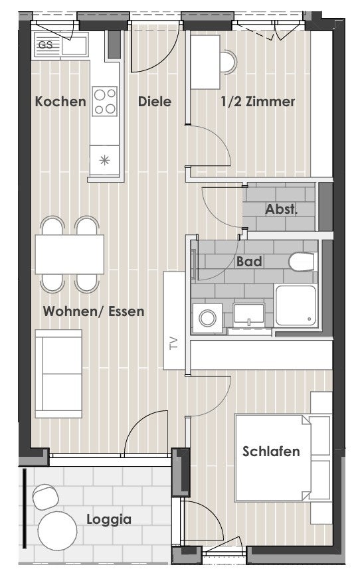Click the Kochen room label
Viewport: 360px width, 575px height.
pos(60,102)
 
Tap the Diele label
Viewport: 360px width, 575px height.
pos(155,102)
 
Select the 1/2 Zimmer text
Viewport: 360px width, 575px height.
pos(258,102)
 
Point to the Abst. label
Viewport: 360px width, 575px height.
pos(281,209)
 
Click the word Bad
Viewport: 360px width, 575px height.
pos(249,262)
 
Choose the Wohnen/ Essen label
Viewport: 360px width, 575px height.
pos(94,311)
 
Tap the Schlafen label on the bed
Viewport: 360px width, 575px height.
pos(271,451)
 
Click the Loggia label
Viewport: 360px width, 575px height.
pos(109,520)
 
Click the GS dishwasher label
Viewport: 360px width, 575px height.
pos(46,45)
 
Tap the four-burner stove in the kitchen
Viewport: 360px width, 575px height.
pos(104,101)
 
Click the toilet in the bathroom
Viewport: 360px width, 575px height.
pos(302,262)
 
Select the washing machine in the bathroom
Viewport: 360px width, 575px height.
pos(207,318)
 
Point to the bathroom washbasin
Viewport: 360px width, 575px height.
pos(249,315)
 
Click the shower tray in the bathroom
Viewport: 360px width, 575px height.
pos(296,305)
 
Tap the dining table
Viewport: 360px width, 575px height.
pos(69,254)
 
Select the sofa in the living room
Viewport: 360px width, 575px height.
pos(58,374)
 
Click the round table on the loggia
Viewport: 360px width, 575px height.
pos(58,531)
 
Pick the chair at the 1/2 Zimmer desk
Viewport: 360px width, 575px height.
pos(228,62)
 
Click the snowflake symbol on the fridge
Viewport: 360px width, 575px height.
pos(104,160)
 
